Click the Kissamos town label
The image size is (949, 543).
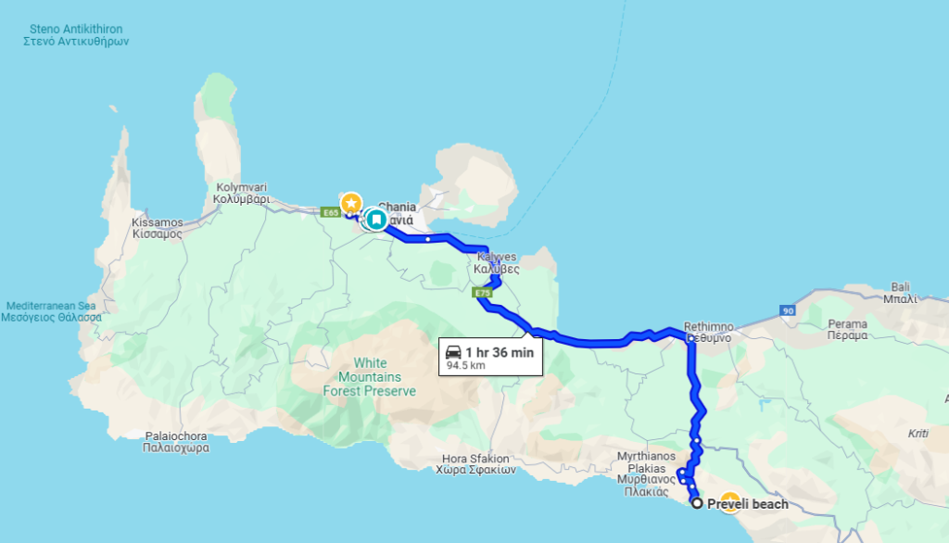coord(157,228)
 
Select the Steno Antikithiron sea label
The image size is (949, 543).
coord(76,35)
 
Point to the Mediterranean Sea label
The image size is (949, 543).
coord(51,311)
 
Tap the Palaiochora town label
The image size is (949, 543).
coord(177,441)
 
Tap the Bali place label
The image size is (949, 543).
coord(899,293)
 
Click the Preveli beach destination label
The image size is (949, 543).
coord(747,504)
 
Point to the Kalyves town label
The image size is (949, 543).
coord(497,262)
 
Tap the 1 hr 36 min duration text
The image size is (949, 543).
coord(499,352)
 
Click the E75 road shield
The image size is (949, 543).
coord(481,294)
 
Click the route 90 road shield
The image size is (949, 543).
coord(788,310)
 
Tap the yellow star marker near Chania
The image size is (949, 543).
coord(351,202)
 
